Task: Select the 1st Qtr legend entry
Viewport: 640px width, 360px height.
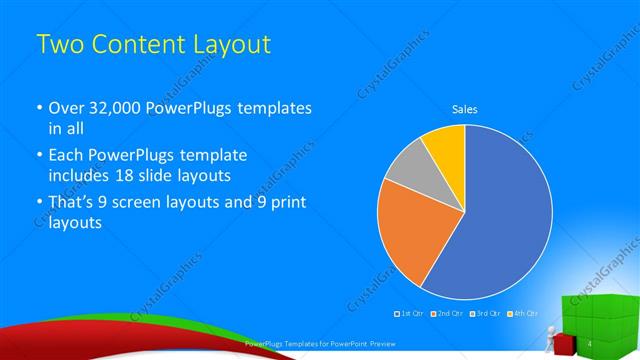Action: [409, 314]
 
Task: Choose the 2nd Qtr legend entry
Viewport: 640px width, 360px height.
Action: [445, 314]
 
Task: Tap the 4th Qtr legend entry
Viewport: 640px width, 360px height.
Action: [521, 314]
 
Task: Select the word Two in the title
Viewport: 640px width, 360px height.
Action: [58, 45]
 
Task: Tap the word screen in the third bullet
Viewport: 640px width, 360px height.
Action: [144, 204]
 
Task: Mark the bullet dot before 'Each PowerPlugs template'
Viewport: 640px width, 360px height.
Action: [39, 157]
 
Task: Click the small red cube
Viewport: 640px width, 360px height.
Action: [564, 345]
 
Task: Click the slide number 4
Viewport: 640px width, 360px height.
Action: [591, 344]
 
